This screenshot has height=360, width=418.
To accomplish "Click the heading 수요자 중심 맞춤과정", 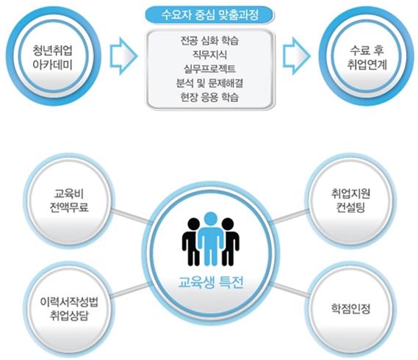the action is tap(209, 15).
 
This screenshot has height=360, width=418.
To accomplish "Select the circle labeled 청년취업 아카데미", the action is tap(54, 56).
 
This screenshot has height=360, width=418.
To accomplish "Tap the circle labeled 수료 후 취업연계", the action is tap(367, 57).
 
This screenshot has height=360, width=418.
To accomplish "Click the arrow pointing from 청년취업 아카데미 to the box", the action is tap(123, 56).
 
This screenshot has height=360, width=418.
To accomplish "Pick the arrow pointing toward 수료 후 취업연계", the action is tap(297, 56).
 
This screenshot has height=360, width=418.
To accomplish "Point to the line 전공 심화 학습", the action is tap(209, 41).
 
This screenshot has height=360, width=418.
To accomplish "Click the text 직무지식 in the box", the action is tap(210, 55).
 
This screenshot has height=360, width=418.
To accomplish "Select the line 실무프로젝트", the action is tap(209, 69).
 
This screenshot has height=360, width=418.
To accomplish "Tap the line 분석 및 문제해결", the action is tap(209, 83).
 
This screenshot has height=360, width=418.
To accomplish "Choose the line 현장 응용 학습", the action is tap(209, 97).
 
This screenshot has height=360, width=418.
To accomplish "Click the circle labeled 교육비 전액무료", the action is tap(69, 201).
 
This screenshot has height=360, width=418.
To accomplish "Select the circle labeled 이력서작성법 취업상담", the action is tap(69, 309).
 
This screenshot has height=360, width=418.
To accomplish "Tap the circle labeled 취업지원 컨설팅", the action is tap(350, 201).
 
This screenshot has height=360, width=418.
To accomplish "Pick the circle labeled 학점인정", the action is tap(350, 309).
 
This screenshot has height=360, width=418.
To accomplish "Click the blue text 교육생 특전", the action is tap(211, 283).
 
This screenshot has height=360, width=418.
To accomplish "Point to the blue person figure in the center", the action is tap(211, 239).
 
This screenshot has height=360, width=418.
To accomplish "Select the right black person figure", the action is tap(229, 241).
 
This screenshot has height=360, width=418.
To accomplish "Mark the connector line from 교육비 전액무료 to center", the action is tap(131, 216).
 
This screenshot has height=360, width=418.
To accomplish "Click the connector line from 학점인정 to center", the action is tap(291, 289).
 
